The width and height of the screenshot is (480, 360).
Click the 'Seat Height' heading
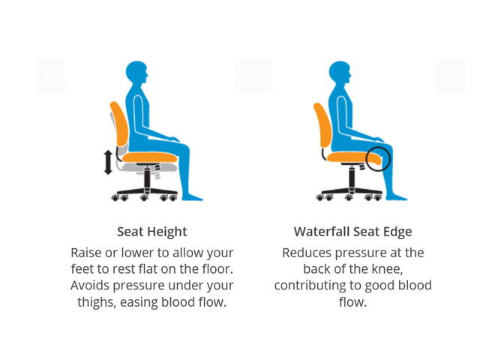point(152,232)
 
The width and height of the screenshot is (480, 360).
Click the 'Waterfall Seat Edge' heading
point(352,232)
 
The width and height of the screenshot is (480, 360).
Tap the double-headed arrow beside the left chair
point(108,162)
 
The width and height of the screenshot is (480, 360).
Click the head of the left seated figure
point(136,74)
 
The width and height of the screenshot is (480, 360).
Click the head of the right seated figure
point(340,74)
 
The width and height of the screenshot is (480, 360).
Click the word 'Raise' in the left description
point(88,253)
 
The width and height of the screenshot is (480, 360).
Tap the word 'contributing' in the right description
point(310,286)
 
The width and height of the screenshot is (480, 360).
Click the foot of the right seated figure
point(397,197)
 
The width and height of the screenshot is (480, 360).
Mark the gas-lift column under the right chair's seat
point(350,178)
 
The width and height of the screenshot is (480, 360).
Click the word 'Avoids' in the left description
point(91,286)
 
